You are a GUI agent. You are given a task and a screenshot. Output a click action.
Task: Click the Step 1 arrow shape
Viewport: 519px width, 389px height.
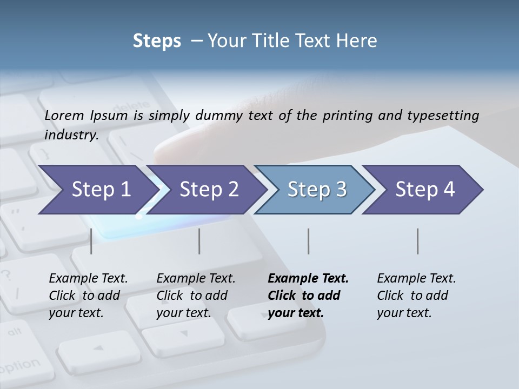tap(97, 190)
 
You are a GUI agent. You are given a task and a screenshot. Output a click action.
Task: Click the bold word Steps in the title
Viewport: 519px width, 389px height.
tap(157, 41)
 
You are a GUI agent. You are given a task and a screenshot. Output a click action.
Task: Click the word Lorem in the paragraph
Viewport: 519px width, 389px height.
tap(64, 115)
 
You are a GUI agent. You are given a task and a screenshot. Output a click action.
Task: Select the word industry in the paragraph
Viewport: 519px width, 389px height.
tap(71, 135)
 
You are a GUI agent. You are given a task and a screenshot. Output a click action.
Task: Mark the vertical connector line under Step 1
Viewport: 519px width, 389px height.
tap(91, 241)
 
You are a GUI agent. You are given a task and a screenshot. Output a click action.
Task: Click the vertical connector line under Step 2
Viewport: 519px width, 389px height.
tap(199, 241)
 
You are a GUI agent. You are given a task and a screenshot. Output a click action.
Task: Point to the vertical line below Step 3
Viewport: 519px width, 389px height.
tap(309, 241)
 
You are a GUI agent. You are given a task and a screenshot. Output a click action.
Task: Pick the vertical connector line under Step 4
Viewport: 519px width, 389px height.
tap(418, 241)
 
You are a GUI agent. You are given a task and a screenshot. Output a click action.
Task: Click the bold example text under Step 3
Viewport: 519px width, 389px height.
tap(307, 296)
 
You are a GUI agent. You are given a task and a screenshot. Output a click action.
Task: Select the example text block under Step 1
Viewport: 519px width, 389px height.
tap(88, 296)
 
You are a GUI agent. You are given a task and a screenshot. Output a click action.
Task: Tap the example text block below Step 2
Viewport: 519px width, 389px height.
tap(195, 296)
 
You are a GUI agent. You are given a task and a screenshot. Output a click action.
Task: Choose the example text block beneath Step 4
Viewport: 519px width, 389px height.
tap(416, 296)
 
